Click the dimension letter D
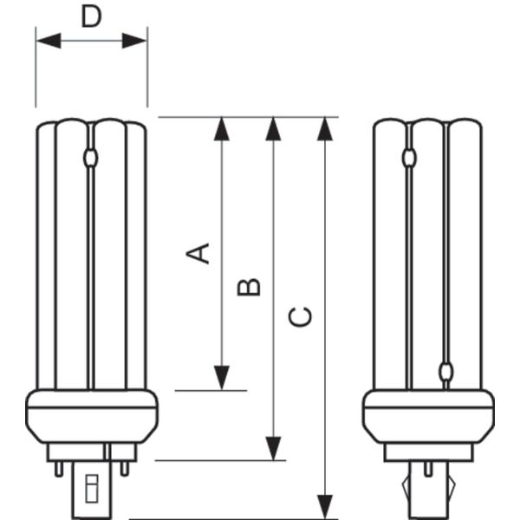[91, 16]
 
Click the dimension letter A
[198, 253]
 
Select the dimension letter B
[249, 287]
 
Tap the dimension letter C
[301, 317]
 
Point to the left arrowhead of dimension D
[49, 41]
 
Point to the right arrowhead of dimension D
[134, 41]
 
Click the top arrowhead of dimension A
[222, 129]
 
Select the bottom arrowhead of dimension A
[222, 378]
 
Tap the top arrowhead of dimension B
[273, 129]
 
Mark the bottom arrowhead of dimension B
[273, 448]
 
